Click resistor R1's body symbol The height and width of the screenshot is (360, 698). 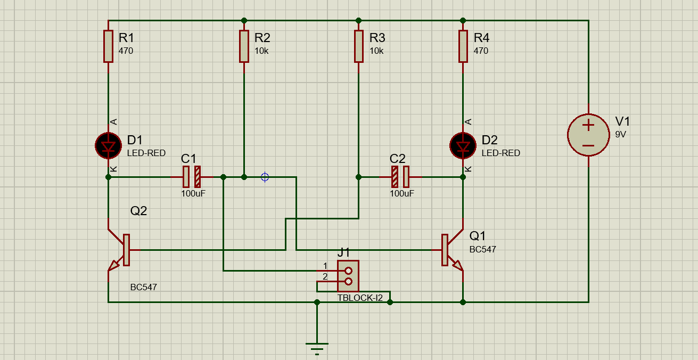point(108,46)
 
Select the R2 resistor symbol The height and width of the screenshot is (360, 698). point(244,46)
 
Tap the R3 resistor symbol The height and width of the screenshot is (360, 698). point(359,46)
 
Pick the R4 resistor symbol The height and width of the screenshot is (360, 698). point(463,46)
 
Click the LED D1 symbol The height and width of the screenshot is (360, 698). point(108,146)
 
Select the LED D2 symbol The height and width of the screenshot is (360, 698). point(463,146)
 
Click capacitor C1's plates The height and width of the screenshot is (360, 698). point(192,177)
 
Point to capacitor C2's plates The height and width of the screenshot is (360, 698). point(400,177)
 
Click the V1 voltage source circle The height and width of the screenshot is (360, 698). point(588,135)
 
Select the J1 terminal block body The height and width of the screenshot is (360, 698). point(348,276)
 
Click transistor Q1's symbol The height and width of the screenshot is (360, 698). point(450,250)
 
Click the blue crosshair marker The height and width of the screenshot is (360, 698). point(265,177)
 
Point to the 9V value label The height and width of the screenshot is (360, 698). point(621,134)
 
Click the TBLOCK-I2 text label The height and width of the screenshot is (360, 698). point(360,298)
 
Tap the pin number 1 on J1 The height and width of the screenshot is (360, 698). point(325,266)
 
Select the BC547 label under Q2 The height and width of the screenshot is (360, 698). point(144,287)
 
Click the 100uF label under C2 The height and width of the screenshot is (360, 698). point(402,193)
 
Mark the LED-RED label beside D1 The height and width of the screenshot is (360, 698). point(146,153)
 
